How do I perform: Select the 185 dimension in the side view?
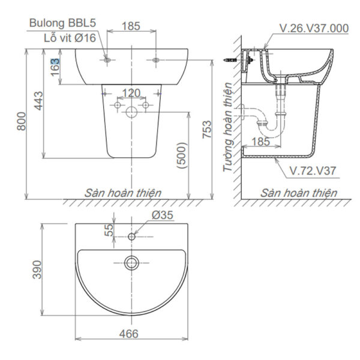coord(260,142)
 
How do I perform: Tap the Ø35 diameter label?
coord(162,215)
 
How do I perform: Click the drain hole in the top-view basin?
coord(131,263)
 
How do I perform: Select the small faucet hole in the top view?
coord(131,236)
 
